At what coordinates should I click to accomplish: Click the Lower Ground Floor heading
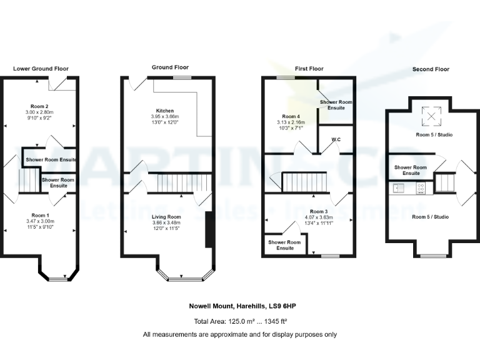(x=41, y=69)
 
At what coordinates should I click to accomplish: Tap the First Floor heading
(x=309, y=68)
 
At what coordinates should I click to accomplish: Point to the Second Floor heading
(x=430, y=69)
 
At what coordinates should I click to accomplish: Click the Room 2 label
(x=40, y=106)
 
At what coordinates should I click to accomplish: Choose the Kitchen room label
(x=165, y=111)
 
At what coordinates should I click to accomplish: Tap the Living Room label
(x=166, y=217)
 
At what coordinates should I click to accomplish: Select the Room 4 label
(x=291, y=116)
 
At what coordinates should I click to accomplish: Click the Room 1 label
(x=40, y=215)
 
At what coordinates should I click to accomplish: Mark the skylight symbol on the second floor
(x=429, y=116)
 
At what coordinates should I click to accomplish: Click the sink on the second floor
(x=398, y=187)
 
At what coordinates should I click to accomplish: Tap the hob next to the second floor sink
(x=420, y=187)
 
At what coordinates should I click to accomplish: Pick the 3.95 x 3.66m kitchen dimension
(x=165, y=117)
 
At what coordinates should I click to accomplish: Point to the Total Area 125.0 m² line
(x=239, y=321)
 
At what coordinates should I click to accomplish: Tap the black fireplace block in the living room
(x=209, y=231)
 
